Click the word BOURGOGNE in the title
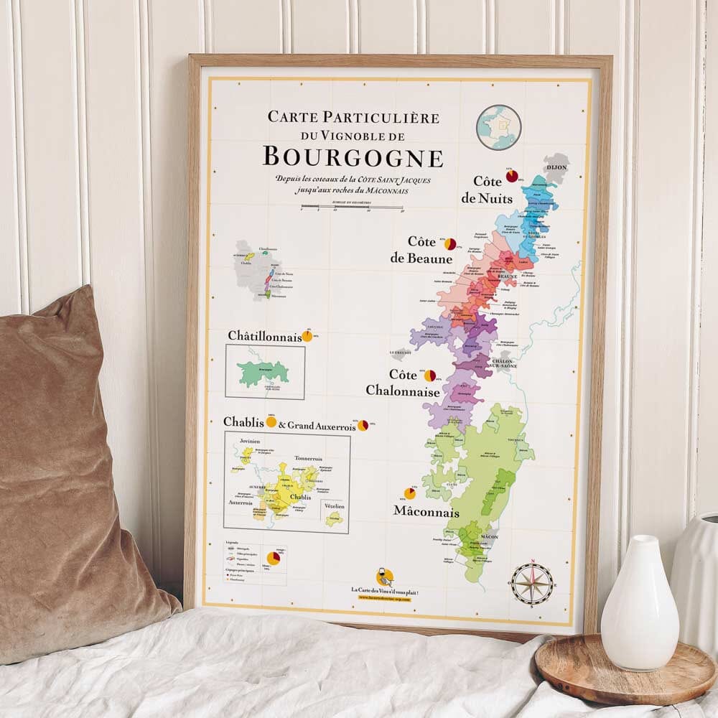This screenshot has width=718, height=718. pos(353,157)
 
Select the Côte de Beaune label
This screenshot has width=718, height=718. pos(430,250)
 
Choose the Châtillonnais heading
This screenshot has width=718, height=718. pos(264,336)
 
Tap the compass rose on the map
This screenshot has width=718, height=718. pos(532,583)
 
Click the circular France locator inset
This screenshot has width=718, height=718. pos(499,127)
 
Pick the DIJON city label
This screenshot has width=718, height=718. pos(556,167)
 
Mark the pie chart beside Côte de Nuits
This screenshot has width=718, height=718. pos(511,176)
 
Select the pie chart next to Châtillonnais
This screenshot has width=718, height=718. pos(307,335)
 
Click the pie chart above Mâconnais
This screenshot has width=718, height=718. pos(410,493)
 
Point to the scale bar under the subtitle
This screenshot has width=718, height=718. pos(352,208)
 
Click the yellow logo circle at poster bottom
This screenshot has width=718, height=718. pos(385,577)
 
